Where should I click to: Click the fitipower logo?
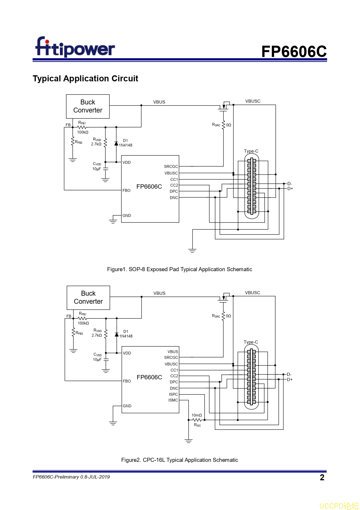[75, 47]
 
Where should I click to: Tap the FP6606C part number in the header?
[294, 52]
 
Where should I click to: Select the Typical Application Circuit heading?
[85, 78]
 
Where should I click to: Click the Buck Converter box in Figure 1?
[88, 106]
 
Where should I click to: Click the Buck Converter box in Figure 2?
[88, 298]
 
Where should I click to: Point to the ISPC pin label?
[173, 394]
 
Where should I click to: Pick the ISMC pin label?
[173, 400]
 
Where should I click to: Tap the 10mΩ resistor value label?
[197, 415]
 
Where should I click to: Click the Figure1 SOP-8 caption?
[179, 269]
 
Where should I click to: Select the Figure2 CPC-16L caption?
[179, 460]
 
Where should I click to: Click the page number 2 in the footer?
[322, 477]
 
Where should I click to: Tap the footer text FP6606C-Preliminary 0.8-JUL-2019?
[71, 477]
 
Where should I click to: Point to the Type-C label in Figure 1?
[251, 151]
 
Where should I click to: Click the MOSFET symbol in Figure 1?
[224, 106]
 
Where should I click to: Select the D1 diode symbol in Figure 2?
[116, 335]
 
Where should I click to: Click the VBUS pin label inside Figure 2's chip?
[173, 352]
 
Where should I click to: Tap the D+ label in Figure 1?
[290, 189]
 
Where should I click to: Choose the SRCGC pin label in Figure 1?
[171, 166]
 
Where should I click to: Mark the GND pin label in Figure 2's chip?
[127, 406]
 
